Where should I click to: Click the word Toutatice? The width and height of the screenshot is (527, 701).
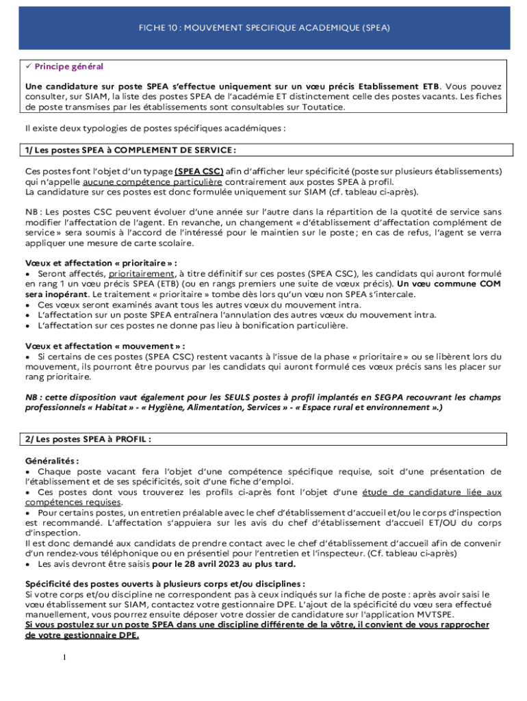(322, 107)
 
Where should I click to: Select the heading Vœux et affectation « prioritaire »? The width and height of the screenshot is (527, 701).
(101, 264)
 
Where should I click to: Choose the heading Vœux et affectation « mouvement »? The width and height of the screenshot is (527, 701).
(105, 346)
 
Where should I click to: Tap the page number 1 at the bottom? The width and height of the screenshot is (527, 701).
(64, 659)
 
